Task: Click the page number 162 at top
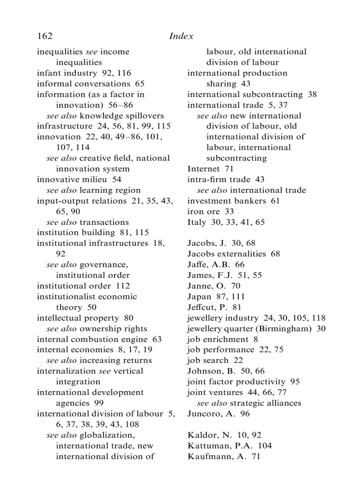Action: [44, 36]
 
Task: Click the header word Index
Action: [181, 36]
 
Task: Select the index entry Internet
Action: [203, 169]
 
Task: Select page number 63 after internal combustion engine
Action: [157, 339]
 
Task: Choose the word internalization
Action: [66, 371]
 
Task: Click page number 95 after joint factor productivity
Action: [295, 382]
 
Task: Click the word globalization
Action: [107, 435]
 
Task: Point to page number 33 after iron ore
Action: [229, 212]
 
